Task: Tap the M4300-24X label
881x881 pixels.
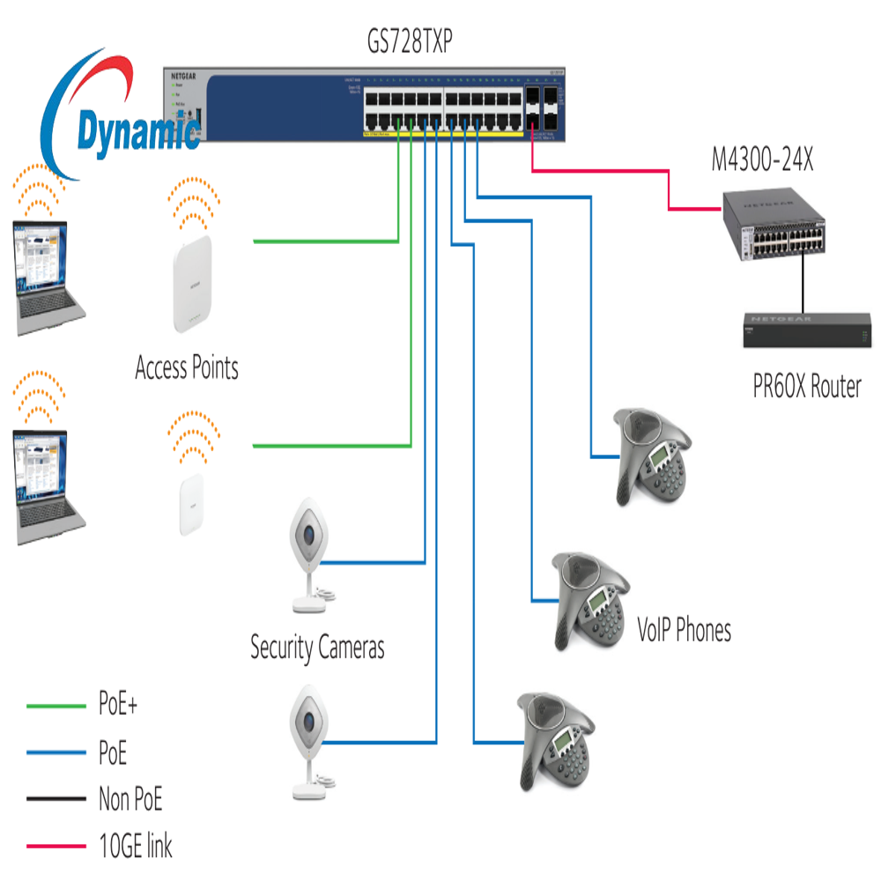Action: [x=763, y=161]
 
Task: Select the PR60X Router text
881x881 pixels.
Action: [x=806, y=386]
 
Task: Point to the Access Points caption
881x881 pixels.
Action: [x=187, y=366]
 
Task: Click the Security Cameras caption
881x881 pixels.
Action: [x=317, y=648]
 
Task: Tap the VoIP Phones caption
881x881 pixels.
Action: [x=684, y=630]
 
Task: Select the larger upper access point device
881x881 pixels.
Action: [x=193, y=285]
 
